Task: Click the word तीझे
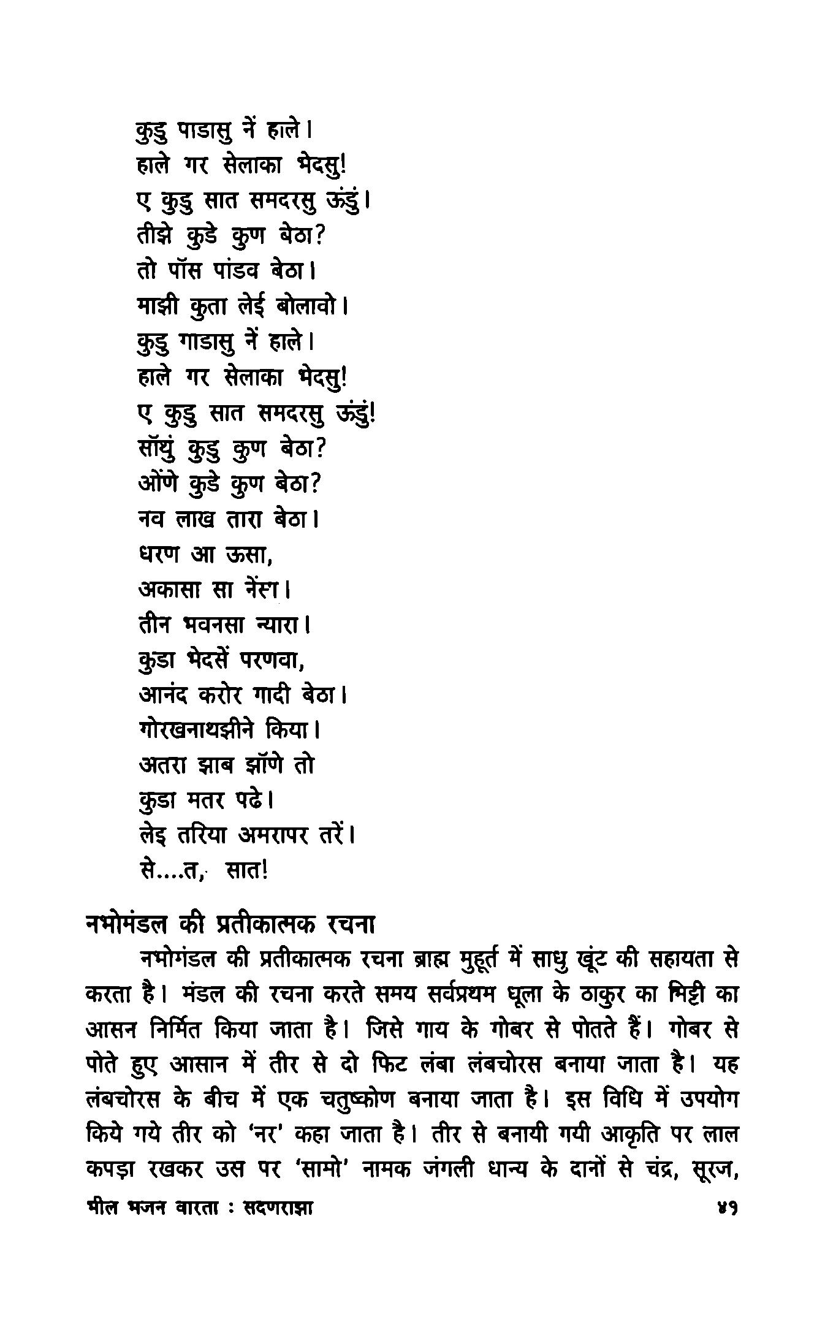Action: point(157,236)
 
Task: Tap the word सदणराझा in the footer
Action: point(278,1208)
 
